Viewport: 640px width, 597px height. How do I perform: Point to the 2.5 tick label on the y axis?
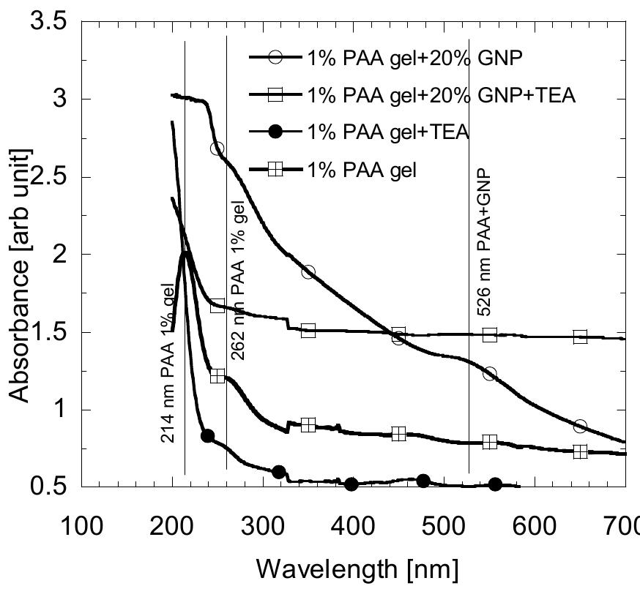(x=47, y=177)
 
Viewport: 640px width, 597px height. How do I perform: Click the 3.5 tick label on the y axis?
(x=47, y=21)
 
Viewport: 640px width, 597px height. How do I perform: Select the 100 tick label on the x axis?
(x=80, y=526)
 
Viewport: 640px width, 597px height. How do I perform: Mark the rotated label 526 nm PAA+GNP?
(x=484, y=241)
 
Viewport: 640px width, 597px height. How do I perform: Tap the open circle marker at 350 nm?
(x=308, y=272)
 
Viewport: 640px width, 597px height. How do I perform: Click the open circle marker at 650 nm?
(x=580, y=426)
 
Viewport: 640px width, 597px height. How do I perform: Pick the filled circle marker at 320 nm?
(x=278, y=472)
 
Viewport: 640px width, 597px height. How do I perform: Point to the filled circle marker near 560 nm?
(x=495, y=484)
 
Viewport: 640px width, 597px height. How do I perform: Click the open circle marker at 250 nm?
(x=217, y=149)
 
